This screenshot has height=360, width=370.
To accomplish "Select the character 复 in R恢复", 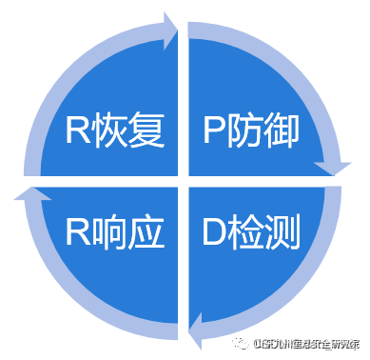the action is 144,131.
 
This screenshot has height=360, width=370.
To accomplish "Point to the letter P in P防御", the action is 215,131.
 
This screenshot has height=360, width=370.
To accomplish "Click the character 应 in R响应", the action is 144,231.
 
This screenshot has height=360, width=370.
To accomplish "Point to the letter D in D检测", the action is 215,231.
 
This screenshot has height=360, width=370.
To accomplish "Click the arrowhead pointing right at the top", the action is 171,30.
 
